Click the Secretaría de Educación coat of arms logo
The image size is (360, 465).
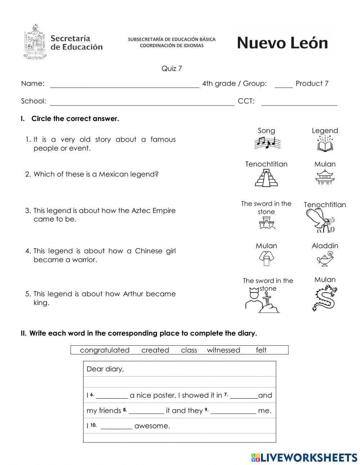[35, 42]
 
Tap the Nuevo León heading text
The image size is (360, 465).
[282, 43]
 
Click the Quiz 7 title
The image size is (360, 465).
[171, 68]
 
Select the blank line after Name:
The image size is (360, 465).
[124, 85]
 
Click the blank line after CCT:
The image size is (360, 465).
[299, 103]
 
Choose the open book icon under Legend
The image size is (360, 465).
[325, 143]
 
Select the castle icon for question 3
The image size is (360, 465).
[267, 223]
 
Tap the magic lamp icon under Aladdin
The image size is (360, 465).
[325, 259]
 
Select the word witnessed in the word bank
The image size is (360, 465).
[223, 350]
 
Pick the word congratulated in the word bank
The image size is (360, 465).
[104, 350]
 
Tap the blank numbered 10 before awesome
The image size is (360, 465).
[116, 427]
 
